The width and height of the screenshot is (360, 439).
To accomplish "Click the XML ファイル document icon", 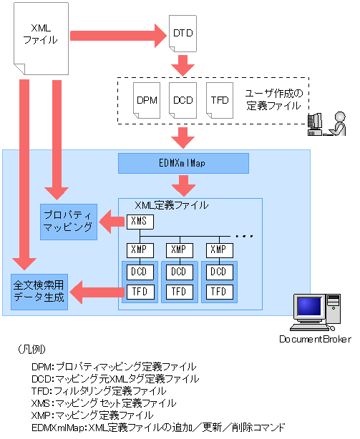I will [41, 35].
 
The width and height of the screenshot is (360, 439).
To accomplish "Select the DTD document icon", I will [183, 34].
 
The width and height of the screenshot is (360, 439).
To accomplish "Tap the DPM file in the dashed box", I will [147, 99].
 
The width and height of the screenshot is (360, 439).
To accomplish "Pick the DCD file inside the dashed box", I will [182, 99].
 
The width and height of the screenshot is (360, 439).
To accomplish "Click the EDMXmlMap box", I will [183, 163].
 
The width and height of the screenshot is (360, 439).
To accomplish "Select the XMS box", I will [139, 221].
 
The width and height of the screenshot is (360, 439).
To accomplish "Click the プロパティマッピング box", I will [69, 221].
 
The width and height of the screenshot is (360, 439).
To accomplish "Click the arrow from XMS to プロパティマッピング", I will [112, 222].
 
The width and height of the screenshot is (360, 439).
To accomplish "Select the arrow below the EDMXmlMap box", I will [183, 185].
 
